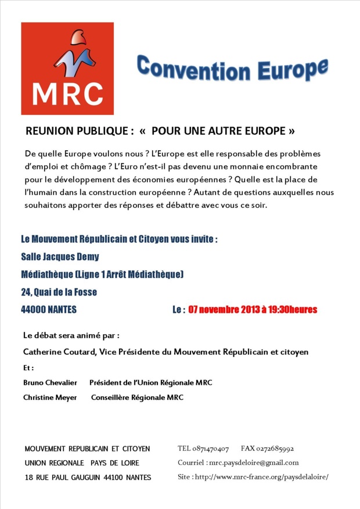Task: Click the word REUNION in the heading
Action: coord(52,131)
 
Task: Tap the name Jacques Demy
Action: coord(75,256)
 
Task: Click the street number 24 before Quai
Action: coord(26,292)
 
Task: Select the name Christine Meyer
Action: coord(49,398)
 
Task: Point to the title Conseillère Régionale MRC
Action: coord(137,398)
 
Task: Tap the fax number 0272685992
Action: coord(275,449)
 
